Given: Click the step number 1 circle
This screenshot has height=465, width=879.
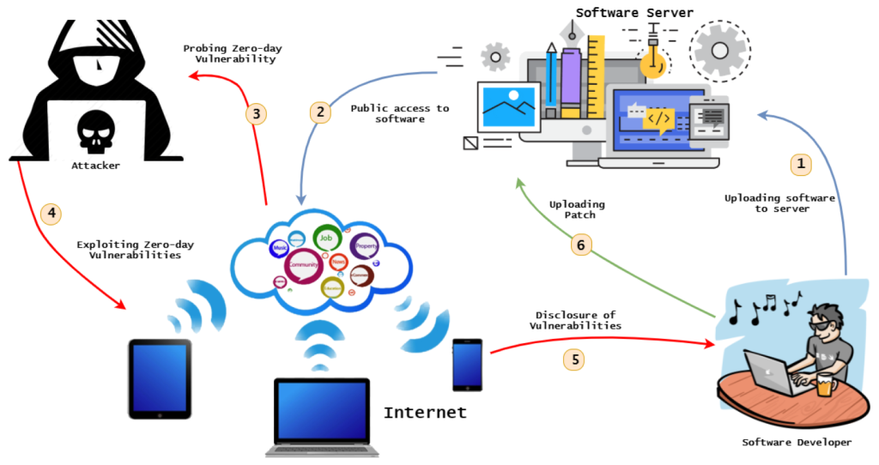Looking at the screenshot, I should (800, 162).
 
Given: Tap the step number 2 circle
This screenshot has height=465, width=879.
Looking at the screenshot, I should (320, 112).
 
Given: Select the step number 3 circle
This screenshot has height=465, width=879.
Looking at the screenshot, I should (255, 113).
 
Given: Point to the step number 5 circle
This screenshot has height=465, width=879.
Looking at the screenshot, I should (573, 359).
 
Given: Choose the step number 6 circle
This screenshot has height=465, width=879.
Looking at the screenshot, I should (581, 245).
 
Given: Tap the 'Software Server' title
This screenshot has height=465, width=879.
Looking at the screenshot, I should (634, 12).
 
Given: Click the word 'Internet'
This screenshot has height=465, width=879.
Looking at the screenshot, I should (425, 413).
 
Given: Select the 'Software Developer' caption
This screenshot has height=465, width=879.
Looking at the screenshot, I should (797, 442).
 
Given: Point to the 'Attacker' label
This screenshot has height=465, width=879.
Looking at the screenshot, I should (96, 165).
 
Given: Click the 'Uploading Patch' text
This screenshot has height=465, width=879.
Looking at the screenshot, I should (577, 209).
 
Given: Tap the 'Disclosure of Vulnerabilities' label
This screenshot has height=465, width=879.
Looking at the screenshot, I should (576, 320).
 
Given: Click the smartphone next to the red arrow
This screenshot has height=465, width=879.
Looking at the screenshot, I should (468, 364).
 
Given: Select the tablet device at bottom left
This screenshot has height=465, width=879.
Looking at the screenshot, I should (160, 378).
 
